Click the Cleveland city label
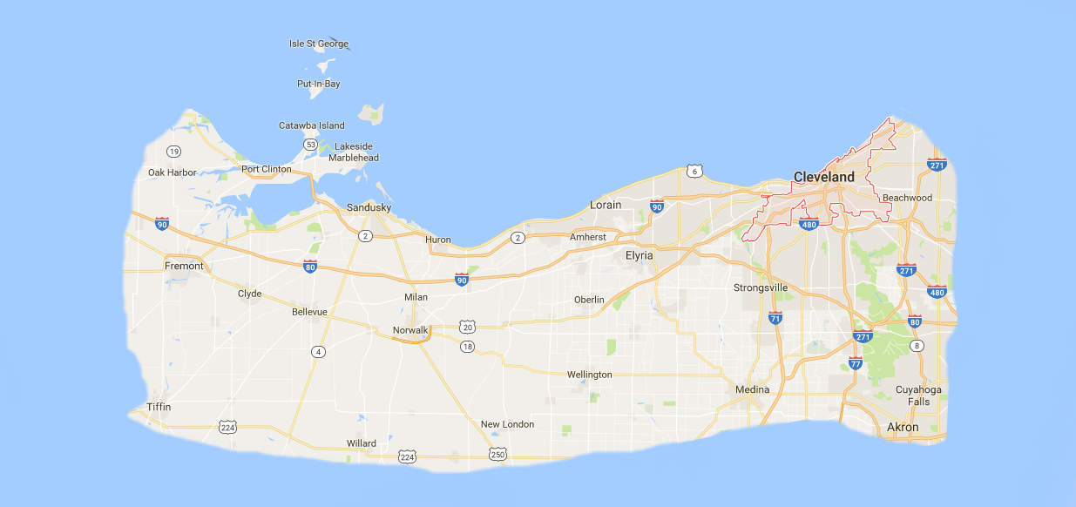(x=823, y=177)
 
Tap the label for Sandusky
(x=369, y=207)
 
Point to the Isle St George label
(x=319, y=44)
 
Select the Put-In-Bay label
(x=319, y=84)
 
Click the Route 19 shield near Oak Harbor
(x=174, y=151)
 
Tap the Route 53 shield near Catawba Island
(x=310, y=144)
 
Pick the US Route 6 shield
(x=694, y=172)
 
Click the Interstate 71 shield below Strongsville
(x=775, y=317)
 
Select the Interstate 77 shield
(x=856, y=362)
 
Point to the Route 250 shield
(x=497, y=454)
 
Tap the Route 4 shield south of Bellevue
(x=319, y=352)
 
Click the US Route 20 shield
(x=468, y=328)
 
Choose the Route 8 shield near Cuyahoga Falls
(x=917, y=347)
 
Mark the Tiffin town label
(x=159, y=407)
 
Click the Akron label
(x=902, y=428)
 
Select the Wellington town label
(x=589, y=375)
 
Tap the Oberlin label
(x=589, y=300)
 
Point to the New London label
(x=507, y=424)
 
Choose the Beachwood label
(x=907, y=198)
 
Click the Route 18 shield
(x=468, y=346)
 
